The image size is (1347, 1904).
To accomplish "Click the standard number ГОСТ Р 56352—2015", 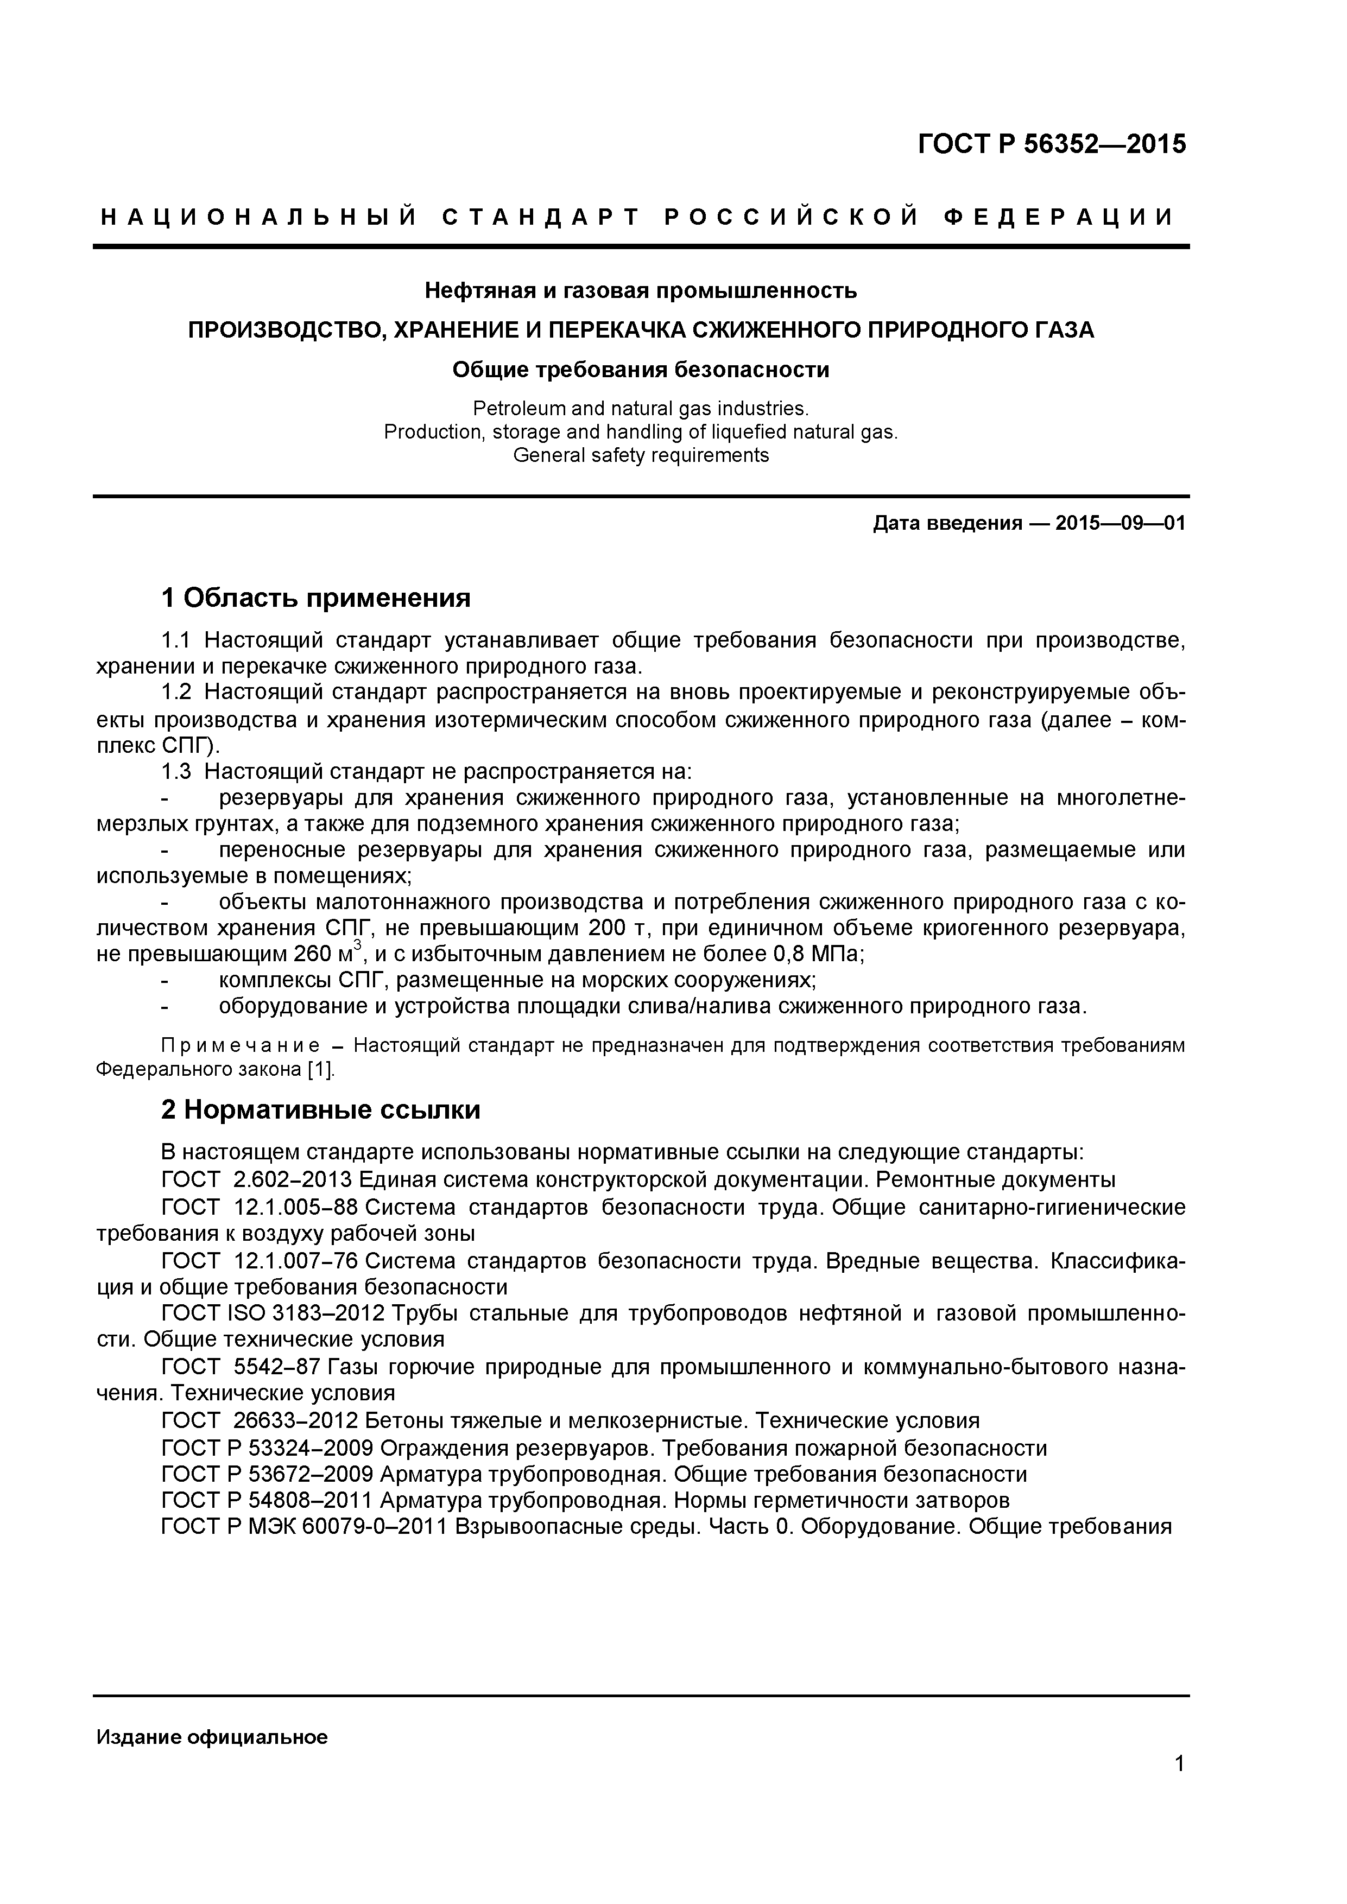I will click(1051, 144).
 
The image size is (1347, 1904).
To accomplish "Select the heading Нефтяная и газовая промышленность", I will click(640, 291).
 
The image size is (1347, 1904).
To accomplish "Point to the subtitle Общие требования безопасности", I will click(640, 370).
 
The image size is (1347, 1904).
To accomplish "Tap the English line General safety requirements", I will click(640, 455).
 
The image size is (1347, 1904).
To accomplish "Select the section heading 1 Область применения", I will click(315, 598).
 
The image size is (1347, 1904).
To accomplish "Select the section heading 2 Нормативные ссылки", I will click(320, 1110).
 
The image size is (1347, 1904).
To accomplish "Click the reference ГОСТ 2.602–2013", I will click(258, 1180).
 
